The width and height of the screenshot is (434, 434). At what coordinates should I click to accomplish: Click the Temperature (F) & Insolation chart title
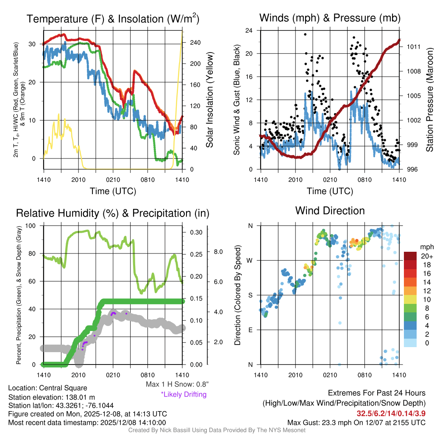113,19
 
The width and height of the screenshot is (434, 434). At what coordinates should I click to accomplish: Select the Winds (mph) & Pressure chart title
330,18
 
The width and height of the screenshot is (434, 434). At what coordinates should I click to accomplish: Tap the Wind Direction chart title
330,211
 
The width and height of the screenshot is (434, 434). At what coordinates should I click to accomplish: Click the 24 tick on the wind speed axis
249,31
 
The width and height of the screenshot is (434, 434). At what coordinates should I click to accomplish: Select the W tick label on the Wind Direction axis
251,260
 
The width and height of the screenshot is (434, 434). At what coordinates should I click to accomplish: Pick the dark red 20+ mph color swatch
411,256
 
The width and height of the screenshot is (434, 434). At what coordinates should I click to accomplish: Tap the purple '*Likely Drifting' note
184,394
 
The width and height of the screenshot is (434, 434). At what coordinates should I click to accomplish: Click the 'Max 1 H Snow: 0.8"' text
177,384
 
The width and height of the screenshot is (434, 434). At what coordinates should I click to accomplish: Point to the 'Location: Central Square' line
47,388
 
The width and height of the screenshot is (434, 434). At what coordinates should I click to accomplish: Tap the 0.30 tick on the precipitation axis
196,233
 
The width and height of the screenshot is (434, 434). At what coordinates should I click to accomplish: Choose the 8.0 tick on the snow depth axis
217,252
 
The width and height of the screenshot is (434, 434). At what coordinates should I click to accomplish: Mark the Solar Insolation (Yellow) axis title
209,100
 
